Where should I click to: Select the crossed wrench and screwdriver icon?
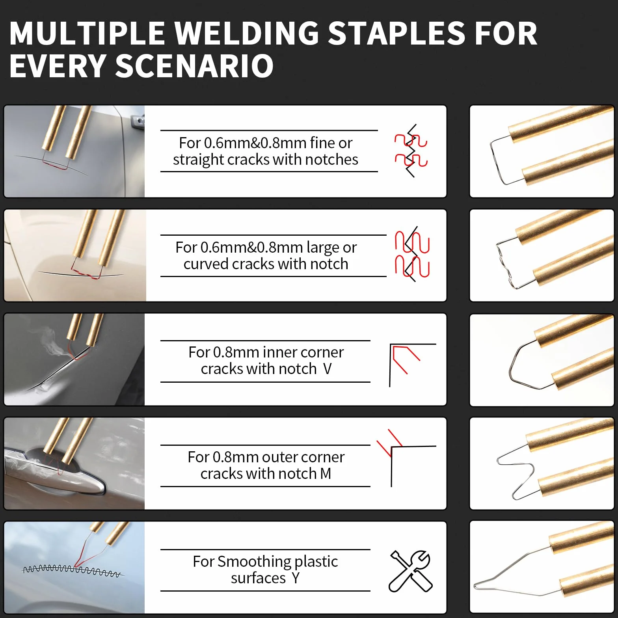point(411,571)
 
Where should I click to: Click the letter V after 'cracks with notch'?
point(327,369)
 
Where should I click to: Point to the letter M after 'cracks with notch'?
point(326,473)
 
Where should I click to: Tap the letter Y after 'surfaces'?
point(296,578)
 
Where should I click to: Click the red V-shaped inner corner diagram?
point(405,359)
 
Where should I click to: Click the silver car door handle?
point(55,473)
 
